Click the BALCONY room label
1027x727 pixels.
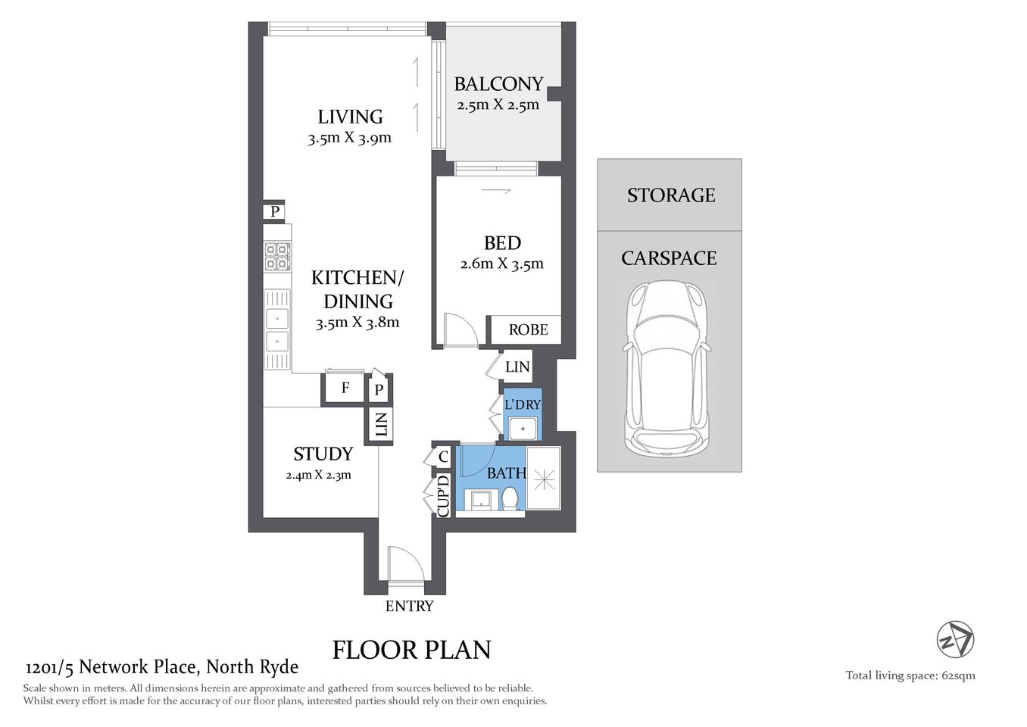498,84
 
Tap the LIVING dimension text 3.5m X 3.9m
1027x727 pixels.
349,139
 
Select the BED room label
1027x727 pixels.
502,243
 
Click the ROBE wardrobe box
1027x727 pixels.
528,329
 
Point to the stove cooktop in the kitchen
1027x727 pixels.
277,257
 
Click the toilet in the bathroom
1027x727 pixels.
510,499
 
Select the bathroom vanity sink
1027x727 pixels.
480,500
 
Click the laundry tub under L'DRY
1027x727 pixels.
523,429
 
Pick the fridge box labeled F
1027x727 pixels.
345,388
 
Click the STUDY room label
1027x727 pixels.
323,454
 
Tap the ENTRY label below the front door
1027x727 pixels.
409,607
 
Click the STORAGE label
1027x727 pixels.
670,195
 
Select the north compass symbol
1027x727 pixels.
955,639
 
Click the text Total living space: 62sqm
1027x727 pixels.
910,676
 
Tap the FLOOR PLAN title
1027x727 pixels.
412,650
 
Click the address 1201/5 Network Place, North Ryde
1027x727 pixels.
162,667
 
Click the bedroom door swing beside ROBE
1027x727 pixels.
459,330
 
